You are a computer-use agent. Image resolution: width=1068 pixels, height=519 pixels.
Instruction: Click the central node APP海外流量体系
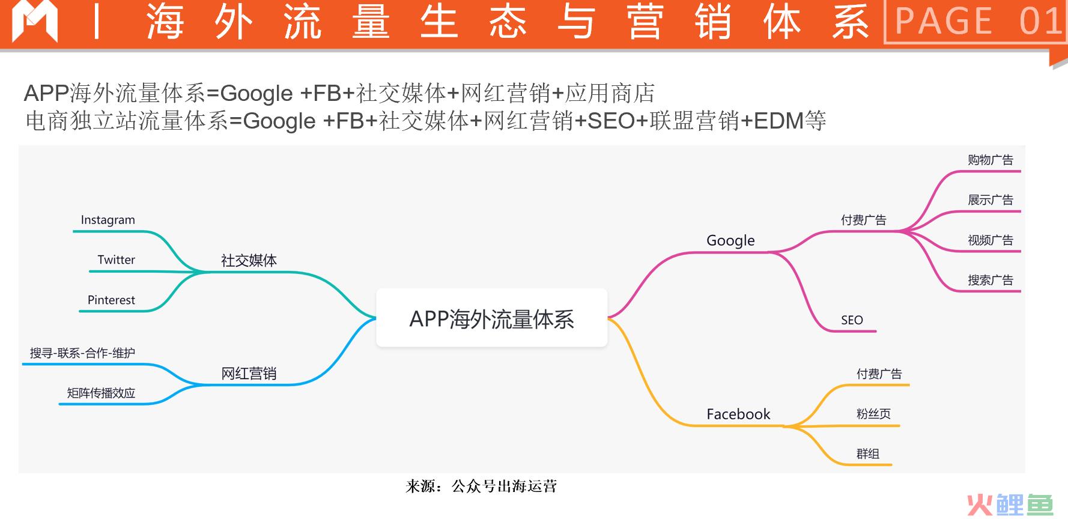[491, 318]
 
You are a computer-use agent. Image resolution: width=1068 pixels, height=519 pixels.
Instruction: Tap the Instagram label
[108, 220]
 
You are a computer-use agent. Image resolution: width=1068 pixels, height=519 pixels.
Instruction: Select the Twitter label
[117, 259]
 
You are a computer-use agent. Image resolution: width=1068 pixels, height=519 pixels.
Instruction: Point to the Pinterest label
[111, 300]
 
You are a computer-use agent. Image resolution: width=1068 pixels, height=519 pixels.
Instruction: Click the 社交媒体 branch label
[249, 261]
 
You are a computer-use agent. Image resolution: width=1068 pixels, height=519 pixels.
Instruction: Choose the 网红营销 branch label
[249, 374]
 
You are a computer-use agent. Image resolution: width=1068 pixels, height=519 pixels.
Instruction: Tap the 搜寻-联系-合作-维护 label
[83, 353]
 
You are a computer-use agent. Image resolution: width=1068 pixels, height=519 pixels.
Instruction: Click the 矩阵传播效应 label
[101, 393]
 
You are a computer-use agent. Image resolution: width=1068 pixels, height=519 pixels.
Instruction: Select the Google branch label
[730, 240]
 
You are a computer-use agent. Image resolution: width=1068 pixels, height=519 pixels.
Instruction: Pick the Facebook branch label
[738, 414]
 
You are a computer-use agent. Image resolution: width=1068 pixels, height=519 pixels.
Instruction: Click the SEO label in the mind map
[852, 320]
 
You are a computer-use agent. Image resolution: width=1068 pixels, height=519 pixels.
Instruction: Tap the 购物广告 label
[991, 160]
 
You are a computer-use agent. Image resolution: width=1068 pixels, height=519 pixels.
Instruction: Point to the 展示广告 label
[991, 200]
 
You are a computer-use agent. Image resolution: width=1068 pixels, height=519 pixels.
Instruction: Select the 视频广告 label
[991, 240]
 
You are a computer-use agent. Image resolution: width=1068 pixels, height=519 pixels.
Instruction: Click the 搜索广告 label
[991, 280]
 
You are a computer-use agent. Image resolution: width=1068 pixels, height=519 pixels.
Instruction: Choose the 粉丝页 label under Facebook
[873, 414]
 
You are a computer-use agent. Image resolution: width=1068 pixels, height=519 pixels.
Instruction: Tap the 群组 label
[868, 454]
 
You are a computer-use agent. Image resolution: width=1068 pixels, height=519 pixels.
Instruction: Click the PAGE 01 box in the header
[975, 22]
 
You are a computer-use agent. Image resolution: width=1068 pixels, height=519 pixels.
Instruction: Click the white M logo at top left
[35, 22]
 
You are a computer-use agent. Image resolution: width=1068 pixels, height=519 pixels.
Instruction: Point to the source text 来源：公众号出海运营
[481, 486]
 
